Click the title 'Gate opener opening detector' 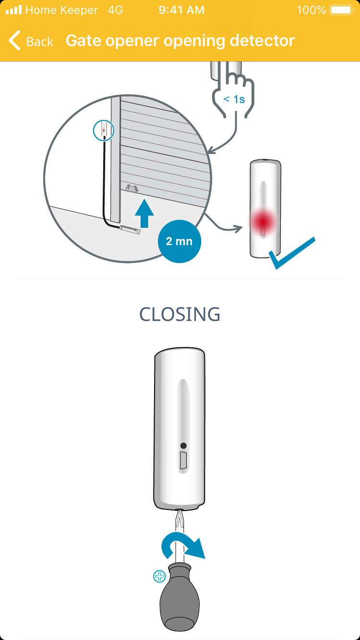[x=180, y=41]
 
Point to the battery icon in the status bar [x=341, y=10]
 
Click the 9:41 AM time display [x=181, y=10]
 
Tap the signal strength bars [x=13, y=10]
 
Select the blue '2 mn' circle [x=179, y=241]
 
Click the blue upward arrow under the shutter [x=144, y=213]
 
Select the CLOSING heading [x=180, y=314]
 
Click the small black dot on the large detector [x=183, y=446]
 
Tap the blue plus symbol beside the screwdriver [x=159, y=577]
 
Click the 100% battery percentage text [x=312, y=10]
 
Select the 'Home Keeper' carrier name [x=61, y=10]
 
